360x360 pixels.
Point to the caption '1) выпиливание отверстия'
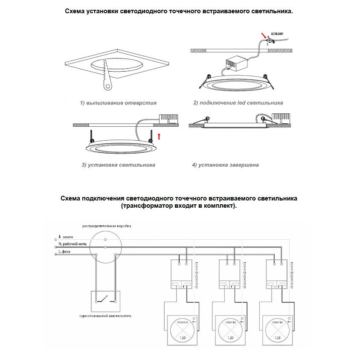point(118,103)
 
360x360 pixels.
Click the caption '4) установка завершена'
point(225,164)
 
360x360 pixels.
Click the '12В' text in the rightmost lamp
point(278,338)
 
